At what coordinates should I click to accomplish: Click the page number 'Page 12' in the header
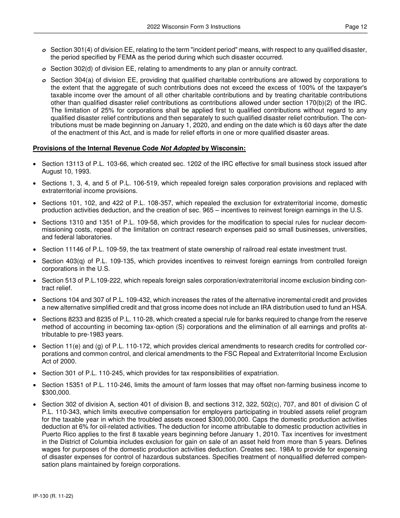[x=356, y=27]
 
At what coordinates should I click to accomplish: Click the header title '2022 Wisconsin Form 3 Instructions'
[x=194, y=27]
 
